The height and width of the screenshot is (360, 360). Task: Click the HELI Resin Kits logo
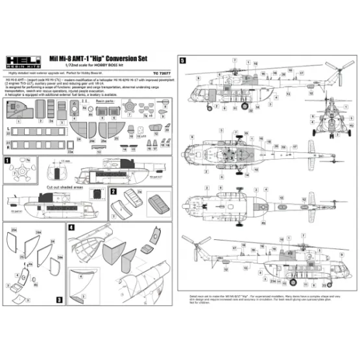point(24,60)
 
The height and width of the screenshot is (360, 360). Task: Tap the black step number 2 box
point(113,192)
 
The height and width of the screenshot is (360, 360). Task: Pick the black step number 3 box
point(58,300)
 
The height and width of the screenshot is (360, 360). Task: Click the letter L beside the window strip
point(7,130)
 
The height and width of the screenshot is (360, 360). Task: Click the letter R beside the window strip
point(7,138)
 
